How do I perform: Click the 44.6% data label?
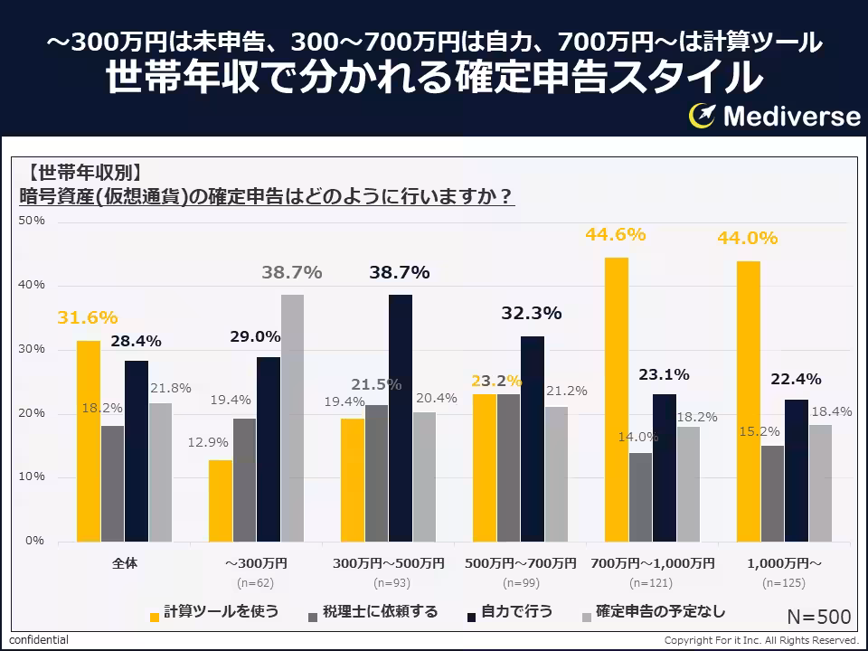[x=615, y=235]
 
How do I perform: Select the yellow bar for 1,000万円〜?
[x=748, y=401]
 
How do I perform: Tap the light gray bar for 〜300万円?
[x=292, y=418]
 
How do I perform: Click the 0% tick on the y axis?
[x=34, y=541]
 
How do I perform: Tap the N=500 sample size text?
[x=818, y=617]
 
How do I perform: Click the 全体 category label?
[x=125, y=563]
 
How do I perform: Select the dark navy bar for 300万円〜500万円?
[x=401, y=418]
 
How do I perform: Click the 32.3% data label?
[x=532, y=314]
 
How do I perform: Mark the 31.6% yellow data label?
[x=88, y=318]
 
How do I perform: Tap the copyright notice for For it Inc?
[x=760, y=640]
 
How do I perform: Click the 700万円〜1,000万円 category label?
[x=652, y=563]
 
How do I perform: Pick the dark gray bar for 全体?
[x=113, y=483]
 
